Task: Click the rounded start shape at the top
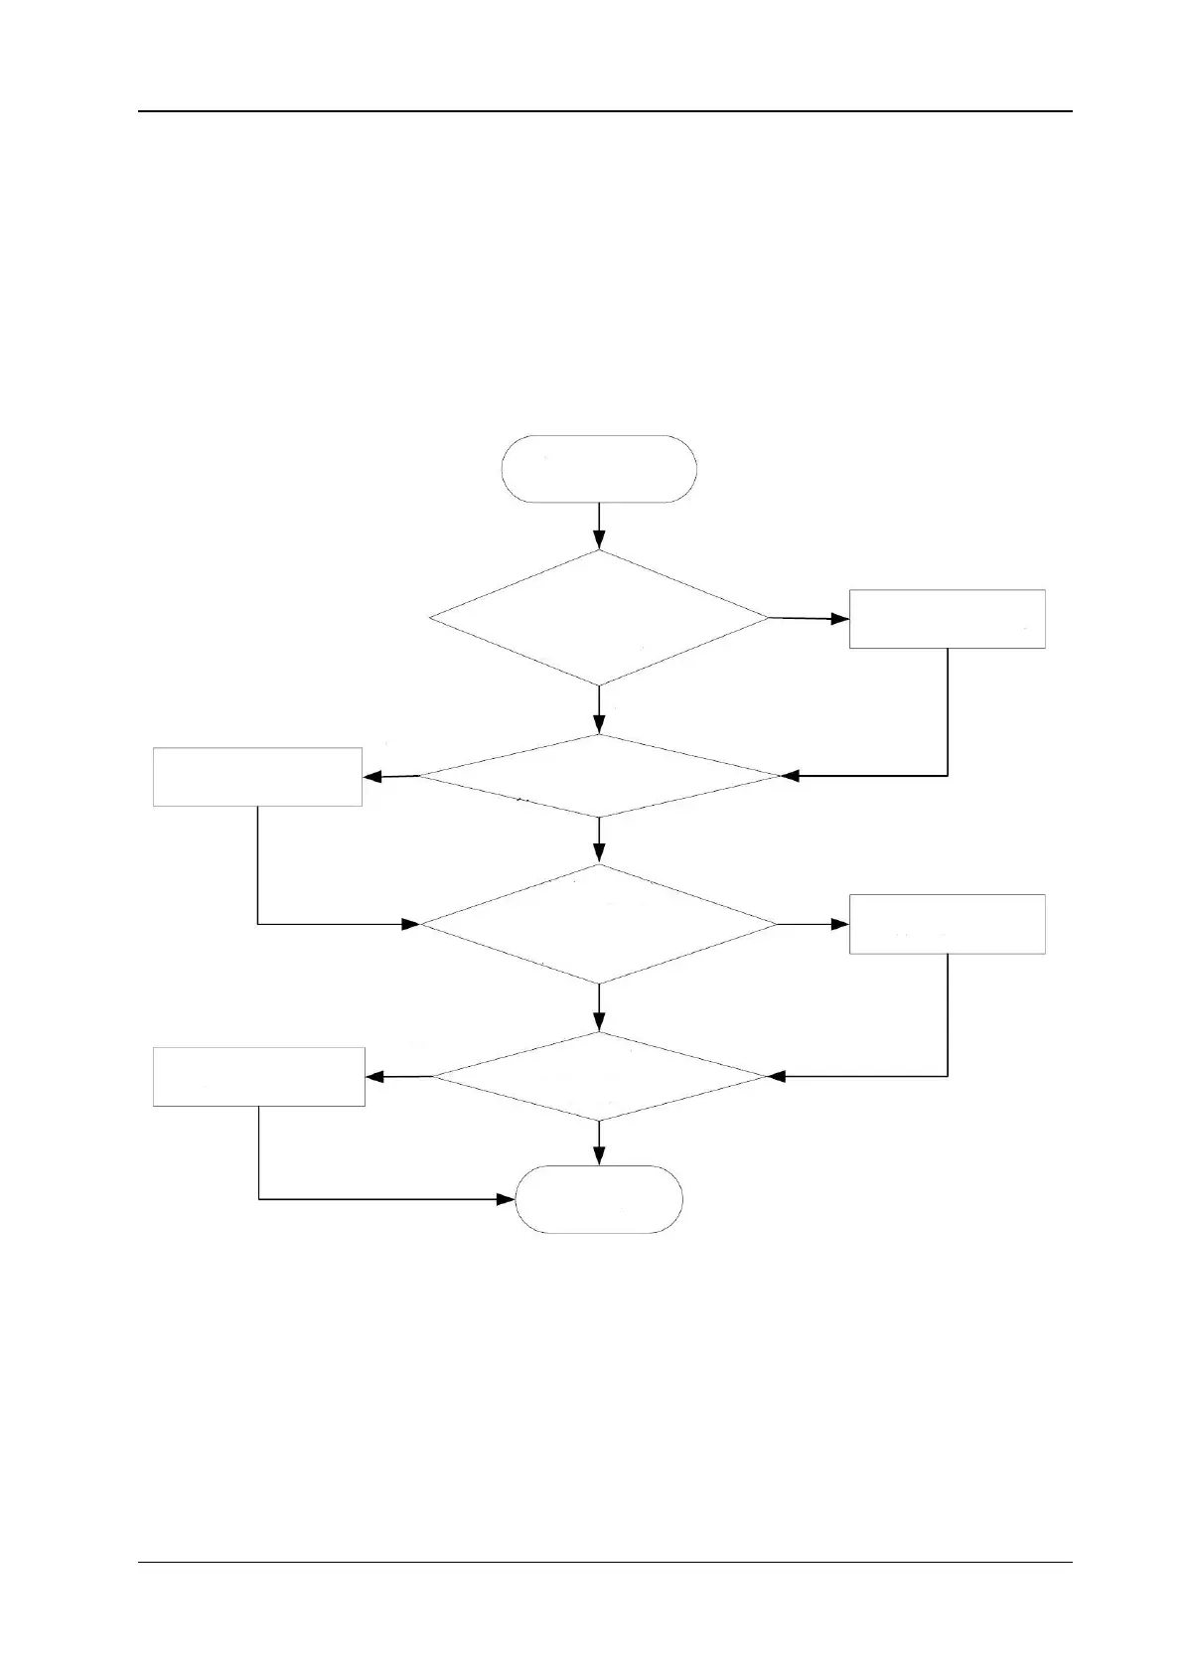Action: pos(599,468)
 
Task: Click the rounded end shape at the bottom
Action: pos(599,1199)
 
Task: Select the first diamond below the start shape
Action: pos(599,618)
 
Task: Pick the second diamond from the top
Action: pos(599,776)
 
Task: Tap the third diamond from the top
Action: pos(599,924)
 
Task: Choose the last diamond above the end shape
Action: pos(599,1077)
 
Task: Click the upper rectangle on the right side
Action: pos(947,619)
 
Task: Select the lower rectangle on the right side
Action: pos(947,924)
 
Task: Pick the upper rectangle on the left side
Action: pos(257,777)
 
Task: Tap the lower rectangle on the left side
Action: pos(258,1077)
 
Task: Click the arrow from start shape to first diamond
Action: pos(599,526)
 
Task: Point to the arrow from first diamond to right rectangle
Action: pos(809,618)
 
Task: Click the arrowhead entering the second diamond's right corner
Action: pos(791,776)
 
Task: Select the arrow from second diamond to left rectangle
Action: pos(389,777)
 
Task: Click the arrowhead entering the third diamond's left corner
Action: pos(410,924)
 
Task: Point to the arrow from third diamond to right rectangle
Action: pos(813,924)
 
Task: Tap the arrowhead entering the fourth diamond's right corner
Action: pos(778,1076)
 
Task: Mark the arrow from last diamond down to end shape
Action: pos(599,1143)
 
